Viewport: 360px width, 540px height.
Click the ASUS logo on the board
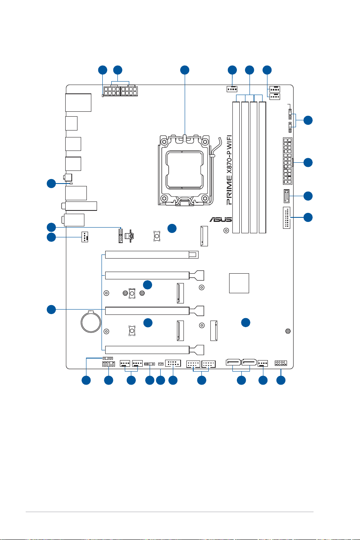(221, 219)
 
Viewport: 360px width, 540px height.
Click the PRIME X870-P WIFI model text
(229, 170)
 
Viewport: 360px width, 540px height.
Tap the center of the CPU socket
(185, 170)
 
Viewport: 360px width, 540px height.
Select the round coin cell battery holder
(91, 321)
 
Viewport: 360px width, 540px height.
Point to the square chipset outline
(239, 283)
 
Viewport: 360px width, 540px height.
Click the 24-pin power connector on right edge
(287, 161)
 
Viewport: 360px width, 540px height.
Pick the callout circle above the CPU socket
(185, 70)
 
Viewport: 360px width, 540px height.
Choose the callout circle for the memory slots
(250, 70)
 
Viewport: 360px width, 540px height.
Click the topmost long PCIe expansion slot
(152, 255)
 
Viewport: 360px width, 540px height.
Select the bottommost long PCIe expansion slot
(155, 350)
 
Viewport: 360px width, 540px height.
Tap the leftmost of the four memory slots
(236, 167)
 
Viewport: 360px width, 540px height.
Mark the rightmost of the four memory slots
(263, 167)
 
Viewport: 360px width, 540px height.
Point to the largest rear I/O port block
(78, 102)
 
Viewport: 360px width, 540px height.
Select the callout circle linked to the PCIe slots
(51, 309)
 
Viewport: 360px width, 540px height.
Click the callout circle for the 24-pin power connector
(308, 162)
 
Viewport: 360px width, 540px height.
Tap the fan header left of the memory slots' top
(232, 89)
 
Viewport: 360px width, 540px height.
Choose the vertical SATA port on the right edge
(287, 196)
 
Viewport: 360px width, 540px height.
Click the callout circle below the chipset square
(245, 322)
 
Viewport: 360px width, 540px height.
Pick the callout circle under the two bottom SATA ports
(241, 380)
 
